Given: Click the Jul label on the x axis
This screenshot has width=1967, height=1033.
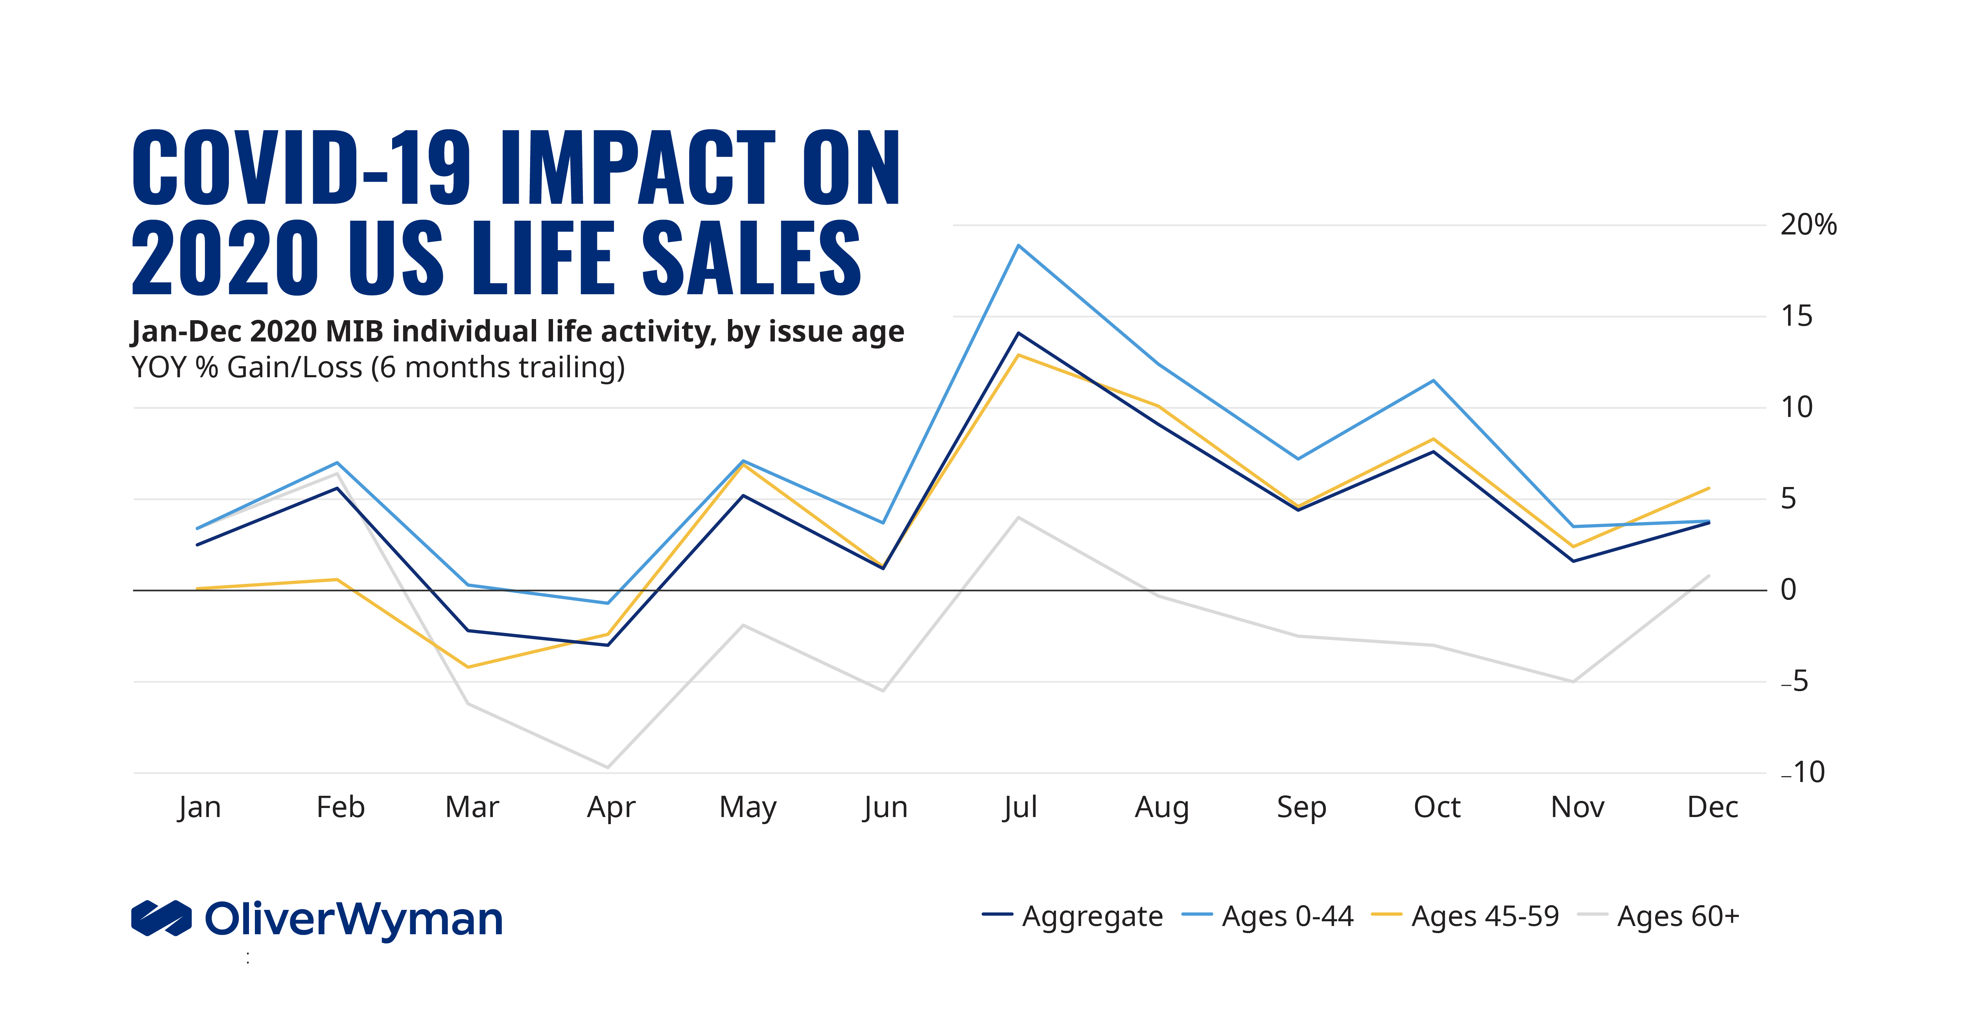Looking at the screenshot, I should point(1020,807).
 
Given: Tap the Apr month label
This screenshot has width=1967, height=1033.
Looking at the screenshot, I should point(611,807).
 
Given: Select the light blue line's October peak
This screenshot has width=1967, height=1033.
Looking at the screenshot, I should point(1433,380).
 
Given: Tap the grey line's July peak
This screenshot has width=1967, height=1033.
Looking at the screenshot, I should point(1019,518).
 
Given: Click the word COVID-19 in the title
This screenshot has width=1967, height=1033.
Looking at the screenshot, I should point(302,168).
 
